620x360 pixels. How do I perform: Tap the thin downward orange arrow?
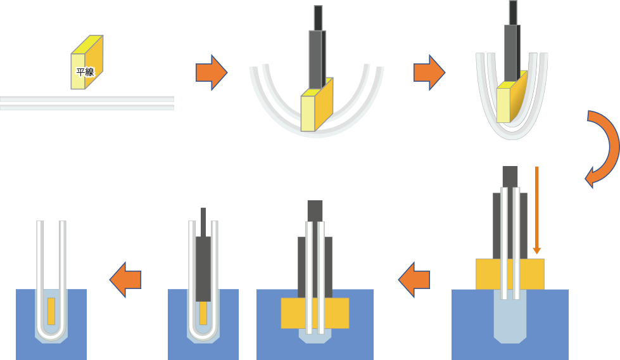pyautogui.click(x=537, y=209)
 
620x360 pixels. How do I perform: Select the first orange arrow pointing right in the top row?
pyautogui.click(x=211, y=72)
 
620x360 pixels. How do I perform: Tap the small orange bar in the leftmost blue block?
pyautogui.click(x=51, y=311)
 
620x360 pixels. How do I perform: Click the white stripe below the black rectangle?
pyautogui.click(x=87, y=99)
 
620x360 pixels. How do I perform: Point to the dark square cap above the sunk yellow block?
pyautogui.click(x=315, y=210)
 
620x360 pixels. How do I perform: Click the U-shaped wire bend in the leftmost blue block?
pyautogui.click(x=51, y=333)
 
